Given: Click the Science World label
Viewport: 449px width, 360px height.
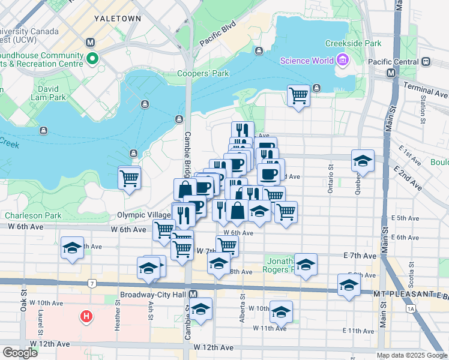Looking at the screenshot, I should click(x=307, y=61).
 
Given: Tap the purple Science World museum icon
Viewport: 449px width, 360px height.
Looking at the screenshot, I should click(x=343, y=60).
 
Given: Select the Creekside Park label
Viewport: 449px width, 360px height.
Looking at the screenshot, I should click(x=353, y=43).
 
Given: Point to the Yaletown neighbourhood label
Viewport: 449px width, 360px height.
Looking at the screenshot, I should click(x=118, y=19).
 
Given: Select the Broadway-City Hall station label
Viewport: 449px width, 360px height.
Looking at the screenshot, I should click(x=154, y=295).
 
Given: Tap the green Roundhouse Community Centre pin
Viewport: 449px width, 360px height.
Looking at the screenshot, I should click(x=92, y=59).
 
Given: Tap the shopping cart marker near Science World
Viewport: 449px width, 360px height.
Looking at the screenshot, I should click(x=298, y=95).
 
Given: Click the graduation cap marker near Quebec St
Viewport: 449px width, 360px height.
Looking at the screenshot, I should click(x=363, y=161).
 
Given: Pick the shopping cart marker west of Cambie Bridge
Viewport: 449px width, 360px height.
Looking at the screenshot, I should click(x=130, y=178).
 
